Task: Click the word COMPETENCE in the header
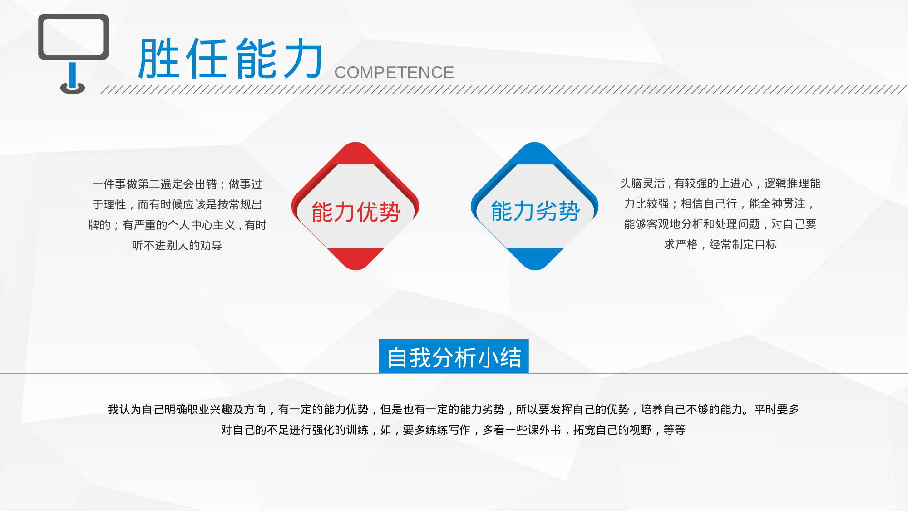394,73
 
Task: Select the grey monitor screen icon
74,36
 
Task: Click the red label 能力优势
356,212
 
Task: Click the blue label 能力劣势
535,211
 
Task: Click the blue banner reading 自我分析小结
454,357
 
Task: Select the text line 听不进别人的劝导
177,246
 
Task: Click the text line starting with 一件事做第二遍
177,184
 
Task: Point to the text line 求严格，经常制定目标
720,245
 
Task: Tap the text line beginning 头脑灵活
720,184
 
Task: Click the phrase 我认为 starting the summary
124,410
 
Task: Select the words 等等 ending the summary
674,430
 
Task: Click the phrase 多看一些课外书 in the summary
522,430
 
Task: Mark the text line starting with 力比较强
720,204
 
